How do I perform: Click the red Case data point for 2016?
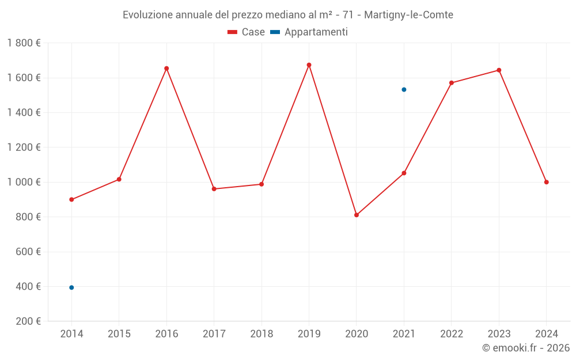tap(166, 69)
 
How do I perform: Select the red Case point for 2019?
tap(309, 65)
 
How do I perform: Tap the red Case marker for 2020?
tap(357, 215)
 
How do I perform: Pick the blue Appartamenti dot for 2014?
tap(71, 287)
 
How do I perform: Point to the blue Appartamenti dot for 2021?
tap(404, 90)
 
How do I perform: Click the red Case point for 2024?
tap(546, 182)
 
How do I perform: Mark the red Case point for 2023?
tap(499, 70)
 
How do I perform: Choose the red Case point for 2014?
tap(71, 199)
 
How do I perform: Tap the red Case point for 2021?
tap(404, 173)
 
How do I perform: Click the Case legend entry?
tap(247, 32)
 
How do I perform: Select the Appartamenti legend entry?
tap(309, 32)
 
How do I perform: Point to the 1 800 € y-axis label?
tap(24, 43)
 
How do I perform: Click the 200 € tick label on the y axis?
tap(29, 321)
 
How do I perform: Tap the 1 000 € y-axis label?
tap(24, 182)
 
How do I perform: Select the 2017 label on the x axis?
tap(214, 334)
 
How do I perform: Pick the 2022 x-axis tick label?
tap(451, 334)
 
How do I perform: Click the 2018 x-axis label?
tap(262, 334)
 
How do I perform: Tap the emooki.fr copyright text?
tap(526, 348)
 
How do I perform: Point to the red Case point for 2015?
tap(119, 179)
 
